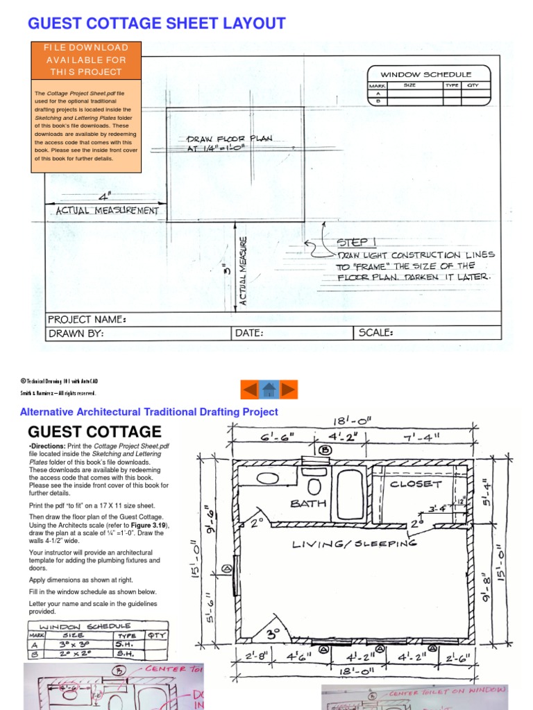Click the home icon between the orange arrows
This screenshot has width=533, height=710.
pos(269,390)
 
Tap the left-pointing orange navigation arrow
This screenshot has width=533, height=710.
pos(249,390)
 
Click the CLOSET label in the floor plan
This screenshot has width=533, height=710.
pos(416,484)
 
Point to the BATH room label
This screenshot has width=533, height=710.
pos(309,503)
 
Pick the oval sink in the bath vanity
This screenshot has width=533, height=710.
pos(267,478)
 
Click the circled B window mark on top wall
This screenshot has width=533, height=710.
pos(326,449)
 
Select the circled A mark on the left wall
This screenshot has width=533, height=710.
pos(226,569)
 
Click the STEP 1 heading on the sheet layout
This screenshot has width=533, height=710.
pos(356,242)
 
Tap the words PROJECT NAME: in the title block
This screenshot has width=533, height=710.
pos(87,320)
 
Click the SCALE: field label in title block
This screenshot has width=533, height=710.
pos(376,333)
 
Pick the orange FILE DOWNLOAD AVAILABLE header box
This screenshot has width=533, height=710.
pos(86,60)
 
